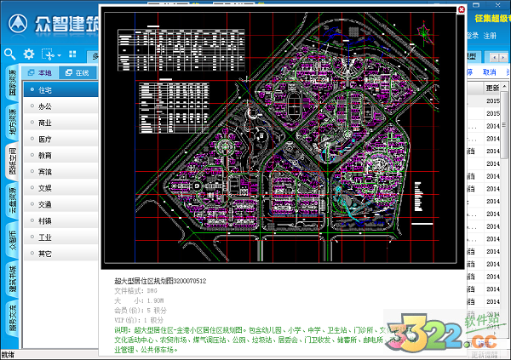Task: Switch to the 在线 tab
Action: (78, 72)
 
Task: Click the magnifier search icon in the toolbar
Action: (9, 54)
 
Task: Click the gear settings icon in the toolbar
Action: (29, 54)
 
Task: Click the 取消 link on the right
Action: (490, 72)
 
